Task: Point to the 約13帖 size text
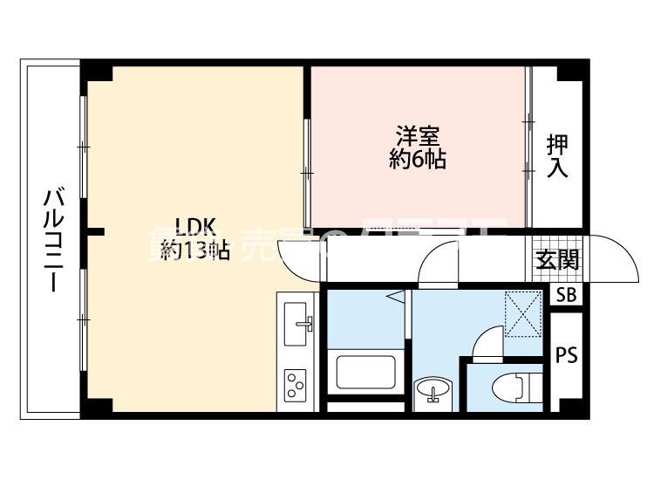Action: coord(194,251)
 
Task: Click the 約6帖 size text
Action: coord(419,160)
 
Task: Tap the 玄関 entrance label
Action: coord(557,259)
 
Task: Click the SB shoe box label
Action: coord(566,295)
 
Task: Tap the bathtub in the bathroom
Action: coord(367,371)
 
